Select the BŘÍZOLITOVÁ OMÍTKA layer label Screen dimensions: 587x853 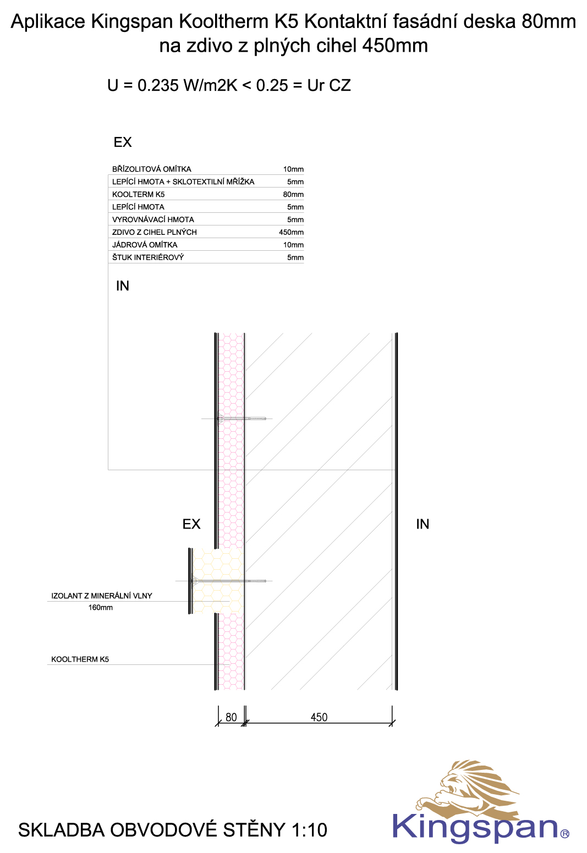pos(152,169)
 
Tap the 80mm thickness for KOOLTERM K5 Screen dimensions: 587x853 pos(293,195)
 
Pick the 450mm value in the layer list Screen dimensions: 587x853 pos(292,232)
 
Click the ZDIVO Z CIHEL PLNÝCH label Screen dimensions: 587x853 pos(154,232)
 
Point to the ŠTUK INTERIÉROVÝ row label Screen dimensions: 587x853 pos(148,257)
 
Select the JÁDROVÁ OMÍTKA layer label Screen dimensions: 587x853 pos(145,245)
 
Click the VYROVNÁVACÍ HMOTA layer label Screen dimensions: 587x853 pos(153,220)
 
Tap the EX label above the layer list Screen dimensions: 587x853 pos(123,142)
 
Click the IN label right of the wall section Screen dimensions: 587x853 pos(423,524)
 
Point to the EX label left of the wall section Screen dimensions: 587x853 pos(191,524)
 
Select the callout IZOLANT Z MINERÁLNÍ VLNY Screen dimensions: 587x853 pos(102,596)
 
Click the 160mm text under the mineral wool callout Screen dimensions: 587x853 pos(101,607)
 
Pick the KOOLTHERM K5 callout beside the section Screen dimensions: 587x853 pos(80,659)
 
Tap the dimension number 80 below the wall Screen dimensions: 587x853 pos(231,718)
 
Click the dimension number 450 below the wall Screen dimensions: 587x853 pos(319,718)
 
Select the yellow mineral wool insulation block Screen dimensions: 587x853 pos(217,581)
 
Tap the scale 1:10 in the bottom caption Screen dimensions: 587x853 pos(309,830)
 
